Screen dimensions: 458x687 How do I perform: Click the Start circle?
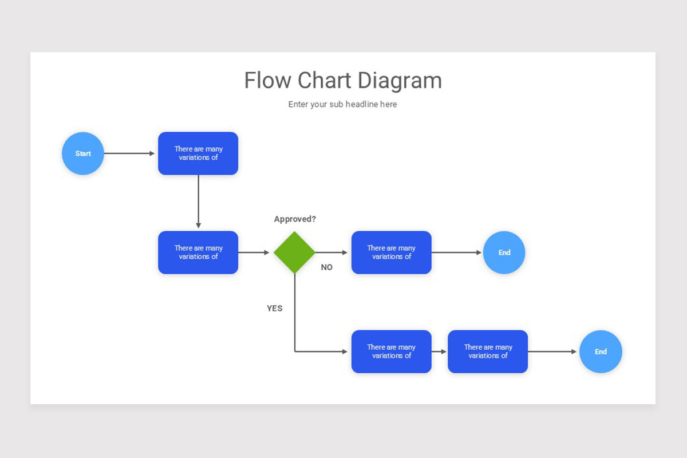[x=83, y=153]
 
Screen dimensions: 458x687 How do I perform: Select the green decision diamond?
[x=294, y=252]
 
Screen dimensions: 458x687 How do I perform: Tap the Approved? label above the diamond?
[x=295, y=219]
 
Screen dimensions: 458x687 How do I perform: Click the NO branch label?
[x=326, y=267]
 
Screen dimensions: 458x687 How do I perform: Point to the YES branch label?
[x=275, y=308]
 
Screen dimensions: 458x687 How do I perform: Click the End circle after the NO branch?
[x=504, y=252]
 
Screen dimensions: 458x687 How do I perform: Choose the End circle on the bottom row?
[x=601, y=352]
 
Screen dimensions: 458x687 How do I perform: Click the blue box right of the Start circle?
[x=198, y=153]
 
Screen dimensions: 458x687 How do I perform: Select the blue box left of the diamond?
[x=198, y=252]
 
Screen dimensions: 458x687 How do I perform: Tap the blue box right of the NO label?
[x=391, y=252]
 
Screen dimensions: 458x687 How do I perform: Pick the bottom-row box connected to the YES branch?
[x=391, y=352]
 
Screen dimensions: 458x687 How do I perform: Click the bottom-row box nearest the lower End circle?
[x=488, y=352]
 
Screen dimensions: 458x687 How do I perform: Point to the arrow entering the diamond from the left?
[x=254, y=252]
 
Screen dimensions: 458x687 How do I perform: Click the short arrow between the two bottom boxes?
[x=439, y=352]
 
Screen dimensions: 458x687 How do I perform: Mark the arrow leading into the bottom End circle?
[x=552, y=352]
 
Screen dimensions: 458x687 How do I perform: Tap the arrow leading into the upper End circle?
[x=456, y=252]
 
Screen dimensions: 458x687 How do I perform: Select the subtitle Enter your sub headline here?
[x=342, y=104]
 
